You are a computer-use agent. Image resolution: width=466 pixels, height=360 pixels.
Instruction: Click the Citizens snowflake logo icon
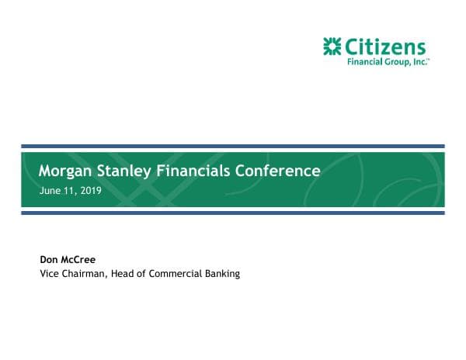tap(332, 47)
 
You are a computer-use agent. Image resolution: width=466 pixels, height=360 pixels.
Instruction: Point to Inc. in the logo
tap(420, 63)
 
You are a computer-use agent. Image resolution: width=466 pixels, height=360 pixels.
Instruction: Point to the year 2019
tap(91, 190)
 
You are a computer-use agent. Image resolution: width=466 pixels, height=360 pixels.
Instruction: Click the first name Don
tap(48, 260)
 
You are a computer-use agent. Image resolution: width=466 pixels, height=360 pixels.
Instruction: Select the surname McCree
tap(78, 260)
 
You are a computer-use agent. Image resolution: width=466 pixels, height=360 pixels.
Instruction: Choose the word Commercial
tap(178, 274)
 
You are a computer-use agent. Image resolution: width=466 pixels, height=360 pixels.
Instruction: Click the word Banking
tap(224, 274)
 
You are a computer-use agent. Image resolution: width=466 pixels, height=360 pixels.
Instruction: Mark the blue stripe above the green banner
tap(232, 146)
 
